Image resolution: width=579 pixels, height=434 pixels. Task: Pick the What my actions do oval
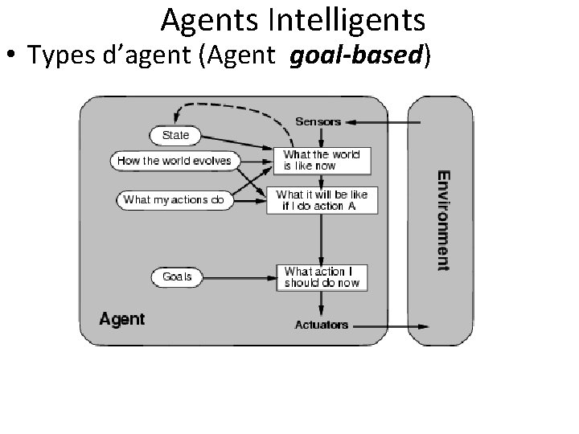(x=175, y=199)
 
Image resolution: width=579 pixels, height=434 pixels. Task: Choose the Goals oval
(x=177, y=276)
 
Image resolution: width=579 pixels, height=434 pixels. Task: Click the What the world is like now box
(x=322, y=160)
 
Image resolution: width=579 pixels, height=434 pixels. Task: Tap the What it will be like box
(x=322, y=200)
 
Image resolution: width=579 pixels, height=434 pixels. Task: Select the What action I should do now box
(x=322, y=277)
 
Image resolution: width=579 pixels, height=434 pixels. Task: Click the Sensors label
(x=318, y=122)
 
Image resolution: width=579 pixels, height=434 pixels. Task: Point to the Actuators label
(x=322, y=325)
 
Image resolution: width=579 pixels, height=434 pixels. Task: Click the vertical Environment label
(x=443, y=219)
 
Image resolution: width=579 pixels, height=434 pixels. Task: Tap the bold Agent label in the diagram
(x=122, y=319)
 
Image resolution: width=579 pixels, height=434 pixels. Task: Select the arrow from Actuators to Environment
(x=391, y=325)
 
